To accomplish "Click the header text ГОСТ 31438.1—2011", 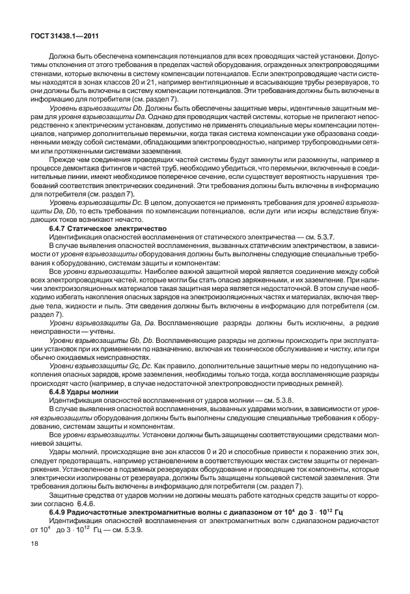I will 62,37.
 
